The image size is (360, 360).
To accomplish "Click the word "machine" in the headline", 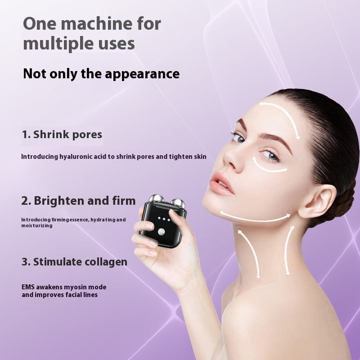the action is (97, 23).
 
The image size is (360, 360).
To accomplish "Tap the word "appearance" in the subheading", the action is (142, 74).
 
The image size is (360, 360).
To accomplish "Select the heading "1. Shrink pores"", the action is (62, 135).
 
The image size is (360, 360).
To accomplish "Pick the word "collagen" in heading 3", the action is (106, 262).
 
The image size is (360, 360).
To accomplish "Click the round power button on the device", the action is (162, 231).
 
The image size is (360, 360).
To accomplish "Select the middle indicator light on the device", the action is (164, 219).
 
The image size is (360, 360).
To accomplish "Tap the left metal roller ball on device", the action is (156, 198).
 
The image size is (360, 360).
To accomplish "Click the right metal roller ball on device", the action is (178, 203).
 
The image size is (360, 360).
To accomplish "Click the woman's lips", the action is (220, 184).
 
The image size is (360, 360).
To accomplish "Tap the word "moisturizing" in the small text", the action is (37, 226).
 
